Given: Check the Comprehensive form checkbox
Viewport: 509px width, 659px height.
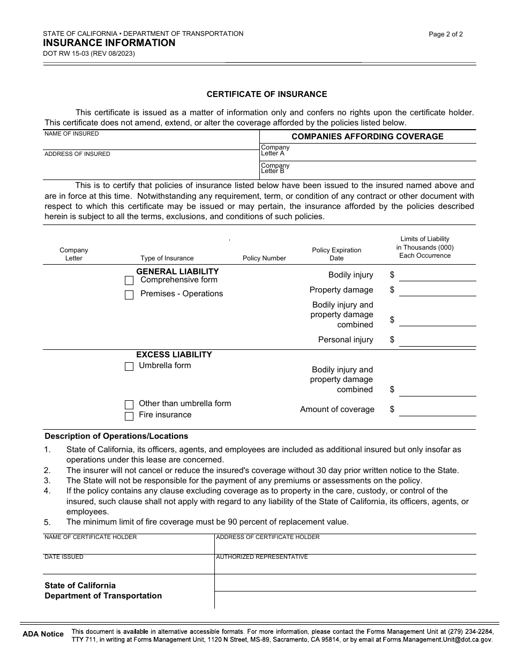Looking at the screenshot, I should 129,281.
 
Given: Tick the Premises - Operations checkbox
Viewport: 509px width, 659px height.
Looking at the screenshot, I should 129,295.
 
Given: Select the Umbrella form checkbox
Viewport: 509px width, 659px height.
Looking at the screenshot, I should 129,366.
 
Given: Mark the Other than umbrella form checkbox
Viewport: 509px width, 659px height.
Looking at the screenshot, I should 129,405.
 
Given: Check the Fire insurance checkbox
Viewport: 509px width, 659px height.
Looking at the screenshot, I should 129,416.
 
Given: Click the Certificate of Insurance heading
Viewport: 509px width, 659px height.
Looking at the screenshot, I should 267,94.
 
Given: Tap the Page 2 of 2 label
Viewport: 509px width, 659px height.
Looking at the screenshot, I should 446,34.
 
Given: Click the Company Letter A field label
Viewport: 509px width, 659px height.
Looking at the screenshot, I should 275,150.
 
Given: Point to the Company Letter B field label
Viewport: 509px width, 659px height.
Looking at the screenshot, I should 275,168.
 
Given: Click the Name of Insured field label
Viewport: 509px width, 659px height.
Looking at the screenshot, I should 71,134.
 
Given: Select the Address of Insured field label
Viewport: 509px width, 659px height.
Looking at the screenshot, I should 77,154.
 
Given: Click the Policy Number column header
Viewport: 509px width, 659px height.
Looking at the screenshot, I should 264,258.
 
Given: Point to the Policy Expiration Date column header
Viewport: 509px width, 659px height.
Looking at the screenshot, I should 336,254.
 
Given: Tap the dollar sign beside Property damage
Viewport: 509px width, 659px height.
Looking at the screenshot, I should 392,290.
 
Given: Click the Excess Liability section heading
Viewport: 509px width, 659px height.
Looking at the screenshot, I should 174,355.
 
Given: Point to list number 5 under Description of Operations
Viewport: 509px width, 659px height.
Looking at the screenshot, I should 47,522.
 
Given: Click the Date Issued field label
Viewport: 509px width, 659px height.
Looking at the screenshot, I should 64,557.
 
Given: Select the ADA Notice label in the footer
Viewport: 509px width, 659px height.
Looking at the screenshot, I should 43,634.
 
